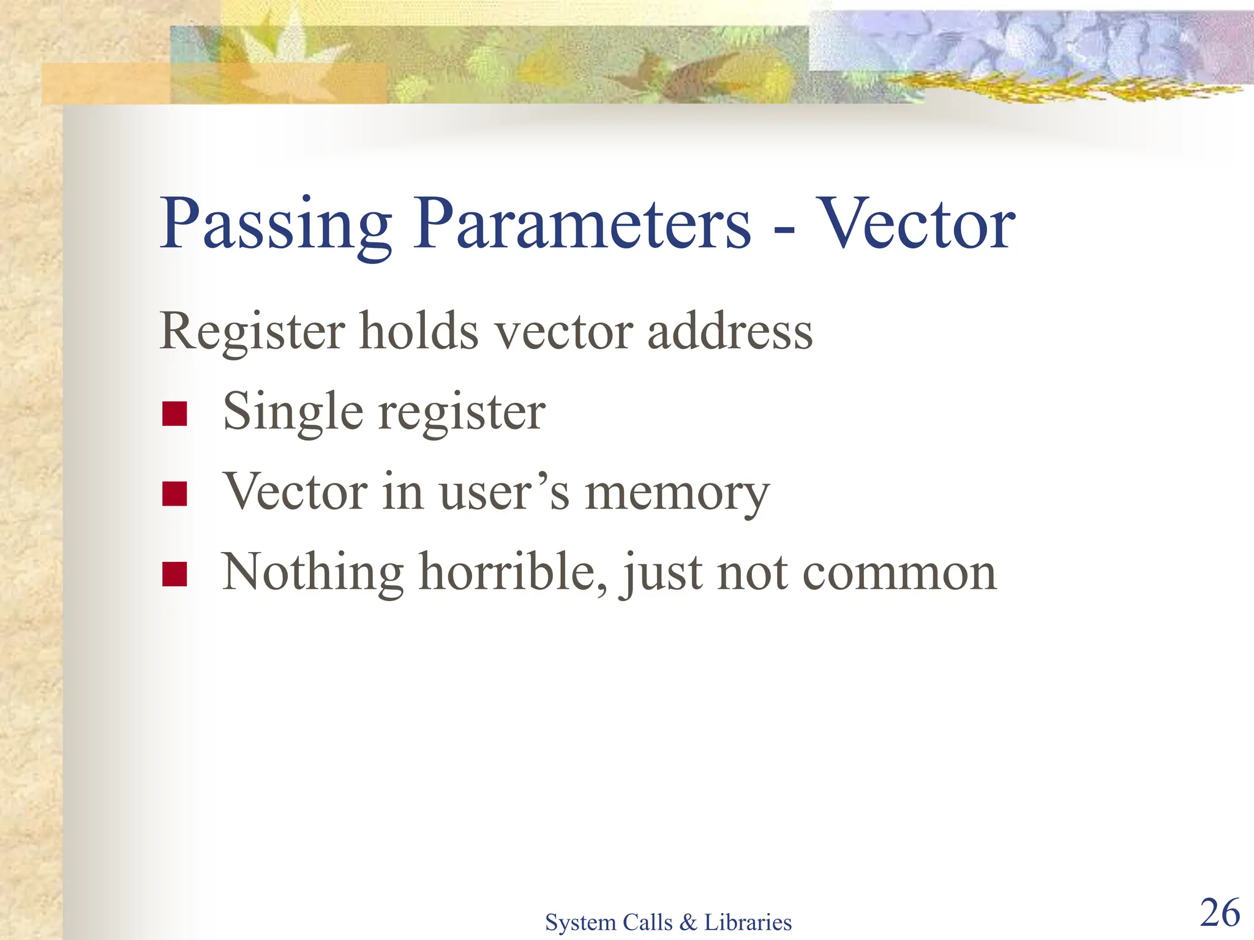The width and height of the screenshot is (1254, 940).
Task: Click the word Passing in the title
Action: pos(276,225)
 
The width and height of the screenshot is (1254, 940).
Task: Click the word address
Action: pos(730,332)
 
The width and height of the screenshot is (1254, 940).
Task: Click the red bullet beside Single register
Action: pos(175,414)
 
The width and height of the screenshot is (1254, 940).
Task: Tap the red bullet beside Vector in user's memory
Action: pos(175,494)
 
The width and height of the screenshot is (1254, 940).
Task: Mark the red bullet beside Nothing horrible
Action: pos(175,574)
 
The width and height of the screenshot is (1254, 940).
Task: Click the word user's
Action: pos(504,493)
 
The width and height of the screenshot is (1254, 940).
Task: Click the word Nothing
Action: pos(312,573)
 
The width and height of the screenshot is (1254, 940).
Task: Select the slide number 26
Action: pos(1220,913)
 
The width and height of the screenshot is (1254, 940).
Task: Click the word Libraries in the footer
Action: pos(748,922)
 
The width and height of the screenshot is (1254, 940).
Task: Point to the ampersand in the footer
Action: pos(688,922)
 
